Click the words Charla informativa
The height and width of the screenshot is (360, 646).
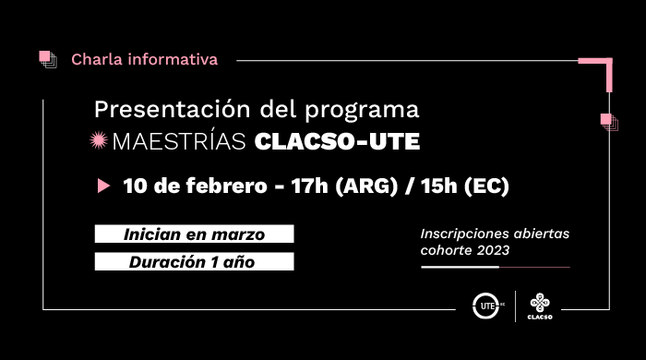[145, 60]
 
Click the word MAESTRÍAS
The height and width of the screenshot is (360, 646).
[179, 142]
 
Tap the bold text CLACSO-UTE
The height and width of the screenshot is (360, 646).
[336, 142]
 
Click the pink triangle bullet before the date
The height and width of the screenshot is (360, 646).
[103, 186]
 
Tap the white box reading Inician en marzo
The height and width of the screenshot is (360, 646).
[194, 234]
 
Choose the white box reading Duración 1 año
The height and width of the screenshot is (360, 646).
[194, 261]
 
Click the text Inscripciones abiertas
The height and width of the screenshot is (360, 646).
[495, 234]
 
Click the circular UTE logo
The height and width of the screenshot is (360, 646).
[484, 305]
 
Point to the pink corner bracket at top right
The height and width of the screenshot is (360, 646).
[600, 69]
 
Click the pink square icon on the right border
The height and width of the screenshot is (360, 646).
[607, 121]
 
